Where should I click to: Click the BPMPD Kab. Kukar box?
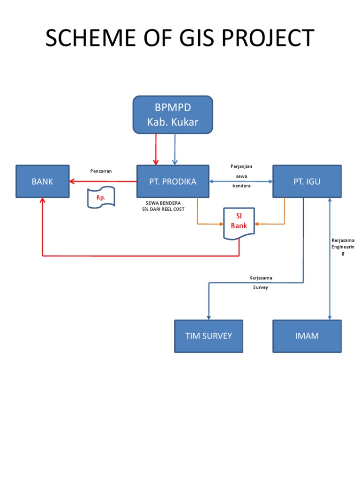tap(173, 115)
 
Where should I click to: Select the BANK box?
tap(43, 181)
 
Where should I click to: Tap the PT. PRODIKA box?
tap(172, 181)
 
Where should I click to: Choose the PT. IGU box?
tap(307, 181)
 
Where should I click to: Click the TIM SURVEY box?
tap(209, 336)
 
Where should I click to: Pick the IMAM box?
tap(307, 336)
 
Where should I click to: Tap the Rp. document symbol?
tap(101, 198)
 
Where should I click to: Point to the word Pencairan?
tap(101, 171)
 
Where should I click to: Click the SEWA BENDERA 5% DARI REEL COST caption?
tap(164, 206)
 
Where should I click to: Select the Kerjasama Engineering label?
tap(343, 247)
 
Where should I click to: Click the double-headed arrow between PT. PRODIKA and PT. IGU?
tap(241, 181)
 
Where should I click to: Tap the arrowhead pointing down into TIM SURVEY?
tap(208, 316)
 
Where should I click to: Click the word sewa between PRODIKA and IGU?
tap(241, 176)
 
